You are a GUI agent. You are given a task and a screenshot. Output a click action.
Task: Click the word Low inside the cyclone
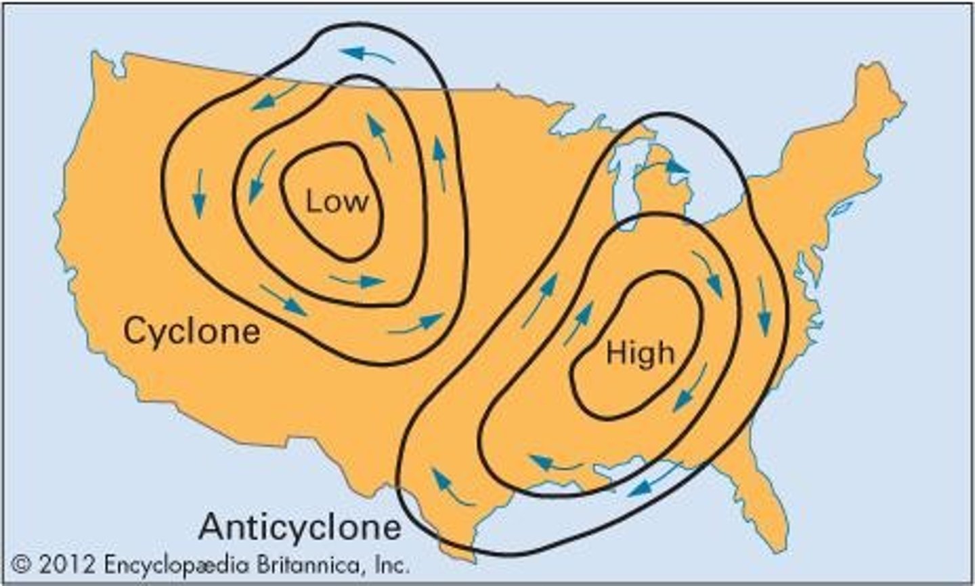(337, 201)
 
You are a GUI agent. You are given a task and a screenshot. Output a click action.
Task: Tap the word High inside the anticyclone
(640, 353)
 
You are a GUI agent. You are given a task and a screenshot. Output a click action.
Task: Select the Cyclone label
(192, 332)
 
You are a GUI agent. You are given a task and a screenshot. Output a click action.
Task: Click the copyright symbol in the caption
(23, 564)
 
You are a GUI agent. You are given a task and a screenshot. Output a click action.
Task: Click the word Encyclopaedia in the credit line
(177, 564)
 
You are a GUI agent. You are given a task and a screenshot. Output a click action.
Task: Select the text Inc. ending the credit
(391, 564)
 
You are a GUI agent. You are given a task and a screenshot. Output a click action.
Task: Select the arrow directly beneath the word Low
(357, 279)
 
